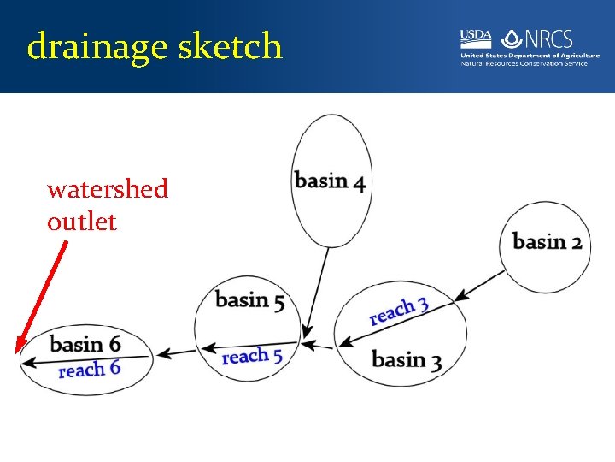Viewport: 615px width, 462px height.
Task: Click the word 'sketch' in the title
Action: [230, 46]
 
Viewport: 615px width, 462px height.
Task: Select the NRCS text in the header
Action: [548, 39]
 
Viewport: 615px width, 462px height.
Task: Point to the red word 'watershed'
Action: [108, 188]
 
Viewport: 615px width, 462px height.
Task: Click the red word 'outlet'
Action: [82, 222]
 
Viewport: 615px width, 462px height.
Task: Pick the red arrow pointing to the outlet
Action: [42, 296]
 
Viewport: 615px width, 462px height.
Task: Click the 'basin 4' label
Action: [330, 181]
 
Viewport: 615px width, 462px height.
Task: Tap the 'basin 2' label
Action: [547, 241]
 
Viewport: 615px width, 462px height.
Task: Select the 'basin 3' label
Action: [407, 359]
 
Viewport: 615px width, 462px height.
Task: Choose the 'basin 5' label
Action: [249, 299]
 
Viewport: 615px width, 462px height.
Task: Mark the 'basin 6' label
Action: [85, 344]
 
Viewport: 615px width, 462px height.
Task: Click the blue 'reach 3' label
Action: [399, 311]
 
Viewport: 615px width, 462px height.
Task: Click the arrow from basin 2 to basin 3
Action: [480, 285]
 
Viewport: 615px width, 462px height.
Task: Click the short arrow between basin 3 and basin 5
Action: [318, 346]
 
